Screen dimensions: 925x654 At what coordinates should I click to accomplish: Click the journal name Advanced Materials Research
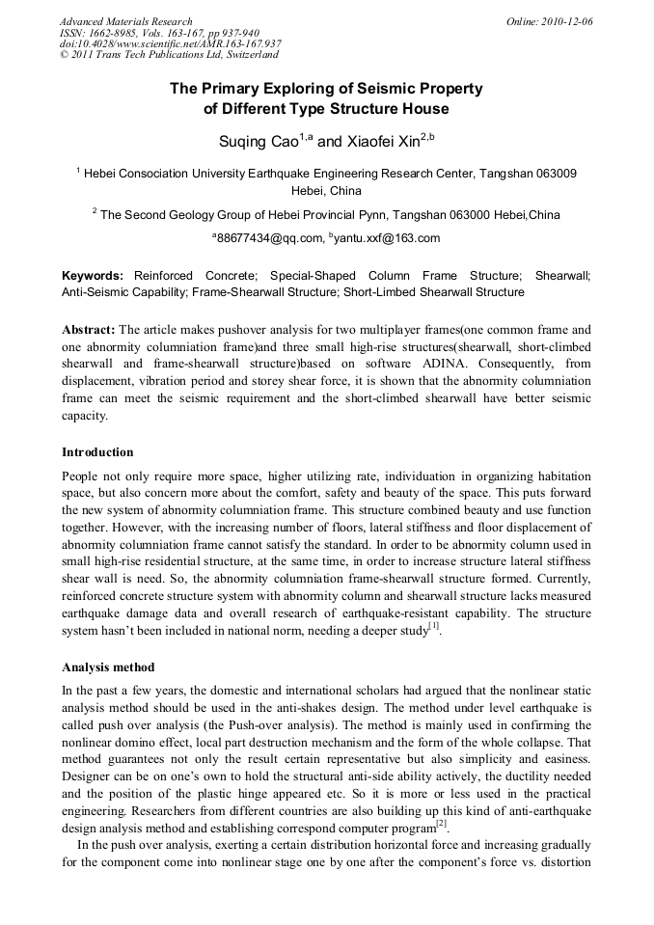(x=125, y=21)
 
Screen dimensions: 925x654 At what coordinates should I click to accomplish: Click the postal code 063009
(x=549, y=174)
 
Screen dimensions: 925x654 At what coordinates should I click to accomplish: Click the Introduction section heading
(x=97, y=451)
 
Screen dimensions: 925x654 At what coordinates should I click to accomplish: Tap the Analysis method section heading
(x=107, y=667)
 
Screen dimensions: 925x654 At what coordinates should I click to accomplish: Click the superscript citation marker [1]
(x=433, y=626)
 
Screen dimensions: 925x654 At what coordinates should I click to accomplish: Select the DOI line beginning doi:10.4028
(x=170, y=44)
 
